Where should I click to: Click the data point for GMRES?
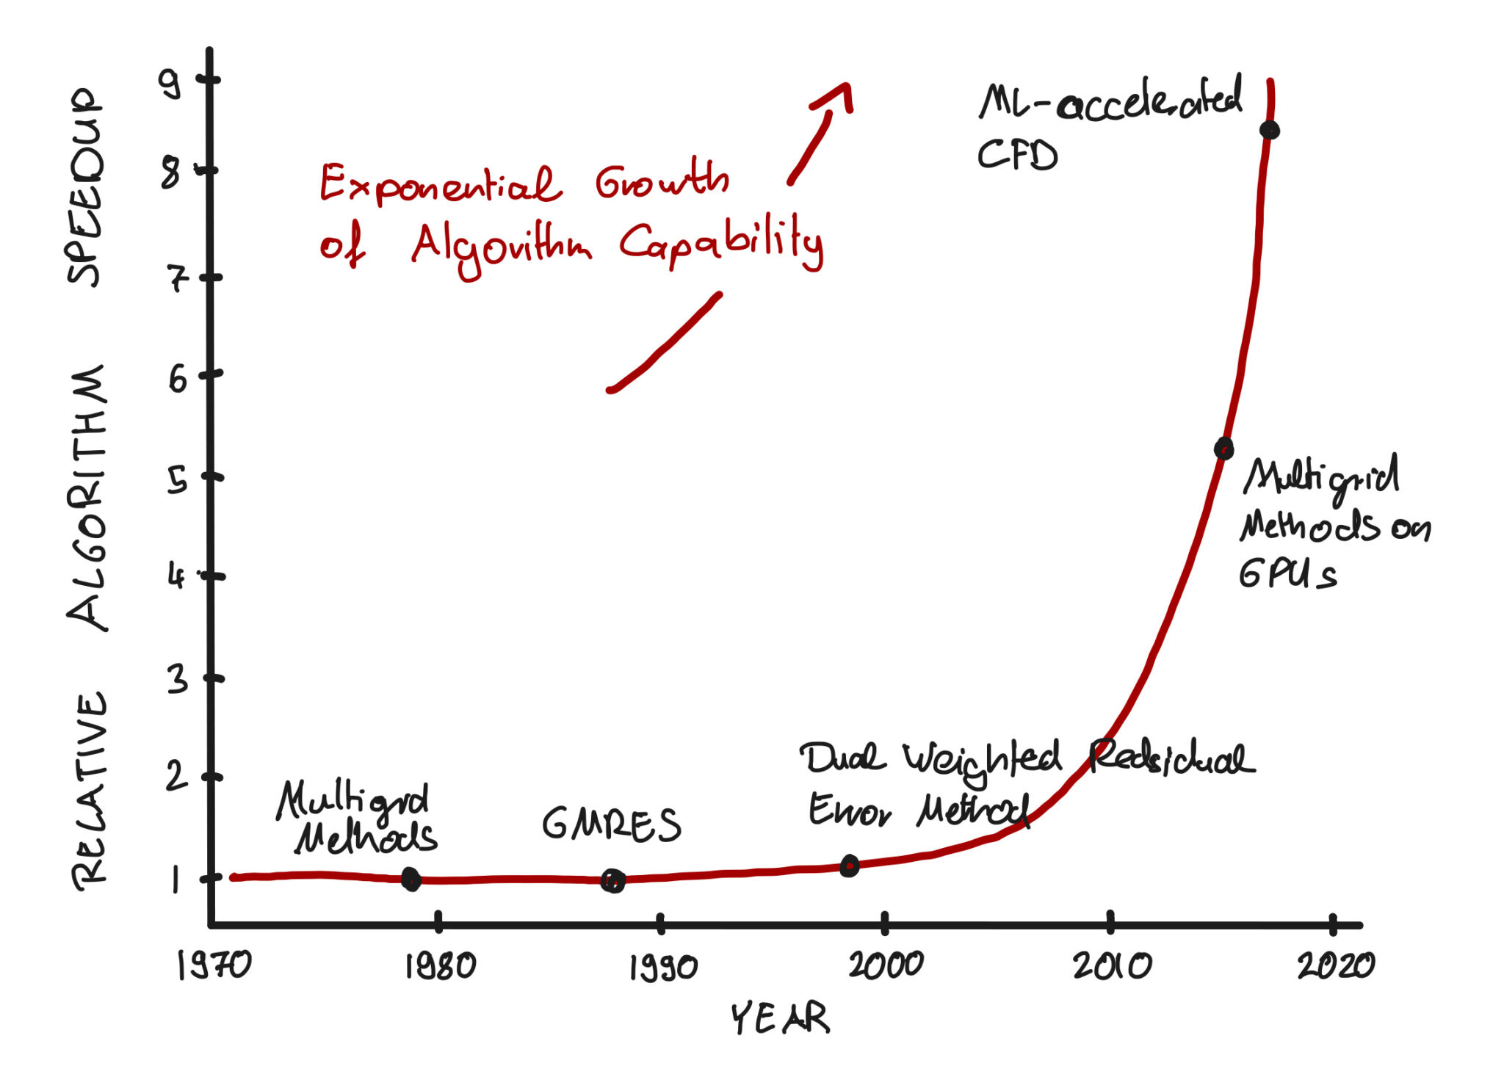click(612, 880)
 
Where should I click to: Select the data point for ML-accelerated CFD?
click(1269, 131)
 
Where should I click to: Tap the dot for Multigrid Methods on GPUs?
click(1223, 448)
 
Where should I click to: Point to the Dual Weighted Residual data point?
click(849, 866)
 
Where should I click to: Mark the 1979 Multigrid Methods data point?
click(411, 879)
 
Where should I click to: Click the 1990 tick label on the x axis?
click(663, 968)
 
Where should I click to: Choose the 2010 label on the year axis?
click(1112, 966)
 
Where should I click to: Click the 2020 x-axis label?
click(1336, 965)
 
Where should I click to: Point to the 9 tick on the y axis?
click(170, 84)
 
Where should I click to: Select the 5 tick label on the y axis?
click(177, 480)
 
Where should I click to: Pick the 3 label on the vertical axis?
click(177, 680)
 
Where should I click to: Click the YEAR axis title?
click(780, 1018)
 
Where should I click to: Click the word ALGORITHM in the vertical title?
click(87, 497)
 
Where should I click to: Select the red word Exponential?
click(439, 184)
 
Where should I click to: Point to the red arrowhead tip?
click(846, 85)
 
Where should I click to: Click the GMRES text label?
click(611, 824)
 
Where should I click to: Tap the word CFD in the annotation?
click(1017, 156)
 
